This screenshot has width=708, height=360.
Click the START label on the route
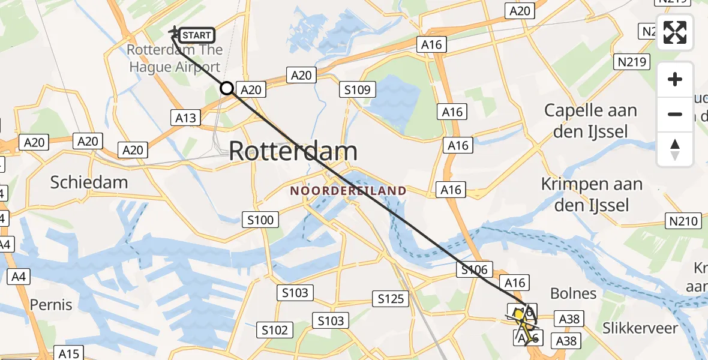[197, 35]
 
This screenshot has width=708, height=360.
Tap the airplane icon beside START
[174, 31]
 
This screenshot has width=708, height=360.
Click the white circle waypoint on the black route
[227, 89]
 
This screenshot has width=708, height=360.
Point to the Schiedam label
[89, 182]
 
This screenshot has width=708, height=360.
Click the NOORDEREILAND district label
[349, 191]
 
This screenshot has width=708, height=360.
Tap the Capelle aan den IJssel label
[590, 121]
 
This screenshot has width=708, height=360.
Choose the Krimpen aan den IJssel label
[592, 194]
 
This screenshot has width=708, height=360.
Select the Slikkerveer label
[641, 328]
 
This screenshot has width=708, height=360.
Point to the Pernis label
[51, 305]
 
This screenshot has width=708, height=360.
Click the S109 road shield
[358, 91]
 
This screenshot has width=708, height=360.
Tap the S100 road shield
[260, 220]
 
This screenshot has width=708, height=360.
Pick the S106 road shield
[474, 270]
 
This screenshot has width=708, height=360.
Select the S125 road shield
[391, 298]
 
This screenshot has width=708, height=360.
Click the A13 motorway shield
[186, 118]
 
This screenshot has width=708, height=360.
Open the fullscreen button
[675, 32]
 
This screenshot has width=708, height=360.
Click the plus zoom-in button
[675, 79]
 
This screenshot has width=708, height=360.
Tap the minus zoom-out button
[675, 114]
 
